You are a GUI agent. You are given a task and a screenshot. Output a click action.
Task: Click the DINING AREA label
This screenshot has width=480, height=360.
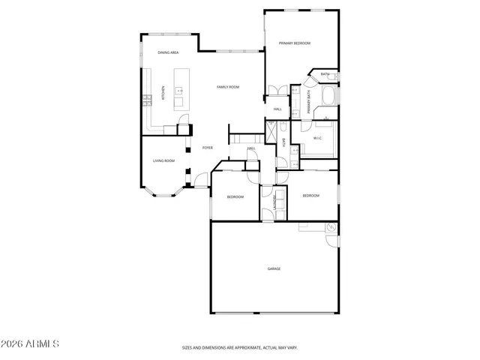click(x=168, y=52)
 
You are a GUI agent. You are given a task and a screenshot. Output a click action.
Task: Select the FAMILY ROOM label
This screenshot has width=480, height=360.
click(x=228, y=87)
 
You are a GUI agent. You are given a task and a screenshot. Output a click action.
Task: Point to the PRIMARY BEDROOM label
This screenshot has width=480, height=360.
click(x=295, y=43)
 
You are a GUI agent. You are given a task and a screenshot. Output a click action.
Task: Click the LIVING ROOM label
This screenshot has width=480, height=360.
click(x=163, y=160)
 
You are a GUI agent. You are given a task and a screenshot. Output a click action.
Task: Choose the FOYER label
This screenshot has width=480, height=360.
click(x=208, y=148)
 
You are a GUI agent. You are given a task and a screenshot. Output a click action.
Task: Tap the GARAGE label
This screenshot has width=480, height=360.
click(x=274, y=268)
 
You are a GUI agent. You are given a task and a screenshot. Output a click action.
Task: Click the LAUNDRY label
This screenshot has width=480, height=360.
click(x=275, y=202)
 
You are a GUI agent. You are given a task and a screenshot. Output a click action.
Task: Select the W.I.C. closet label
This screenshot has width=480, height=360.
click(x=318, y=138)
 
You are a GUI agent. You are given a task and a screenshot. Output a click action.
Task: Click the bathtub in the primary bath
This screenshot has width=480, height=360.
click(x=328, y=97)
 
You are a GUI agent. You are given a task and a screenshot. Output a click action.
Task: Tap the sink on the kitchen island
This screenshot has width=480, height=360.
click(x=180, y=91)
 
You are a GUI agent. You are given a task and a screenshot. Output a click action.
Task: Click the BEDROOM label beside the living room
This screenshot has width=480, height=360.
click(x=235, y=196)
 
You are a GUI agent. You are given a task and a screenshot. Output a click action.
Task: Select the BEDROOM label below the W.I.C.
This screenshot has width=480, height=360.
click(x=310, y=196)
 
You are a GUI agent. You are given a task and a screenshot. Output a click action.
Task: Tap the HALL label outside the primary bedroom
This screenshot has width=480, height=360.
click(x=277, y=109)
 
